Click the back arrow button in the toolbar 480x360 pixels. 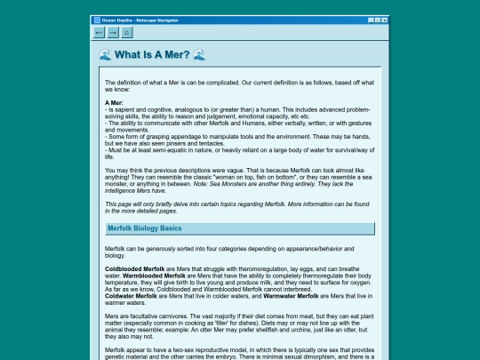99,33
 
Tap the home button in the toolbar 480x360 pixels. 127,33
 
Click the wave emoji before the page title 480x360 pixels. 105,55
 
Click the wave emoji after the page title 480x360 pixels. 199,55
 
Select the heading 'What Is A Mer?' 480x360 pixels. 152,55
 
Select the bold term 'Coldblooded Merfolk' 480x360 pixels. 134,268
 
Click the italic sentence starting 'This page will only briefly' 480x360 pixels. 231,204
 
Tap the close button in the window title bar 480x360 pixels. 383,19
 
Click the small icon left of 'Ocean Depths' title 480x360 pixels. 97,19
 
